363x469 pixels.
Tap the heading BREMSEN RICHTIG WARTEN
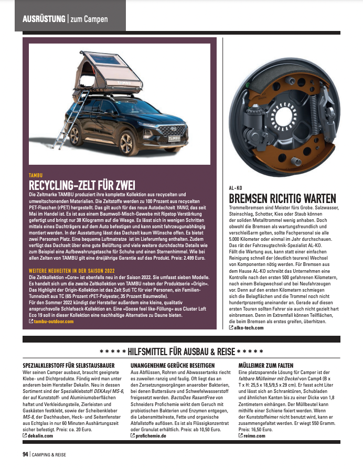click(282, 198)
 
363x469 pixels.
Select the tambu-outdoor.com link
click(54, 321)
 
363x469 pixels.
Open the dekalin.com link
click(43, 435)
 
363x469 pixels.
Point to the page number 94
click(25, 454)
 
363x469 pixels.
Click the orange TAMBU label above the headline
click(36, 175)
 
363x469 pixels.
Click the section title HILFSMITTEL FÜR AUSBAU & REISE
click(181, 351)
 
